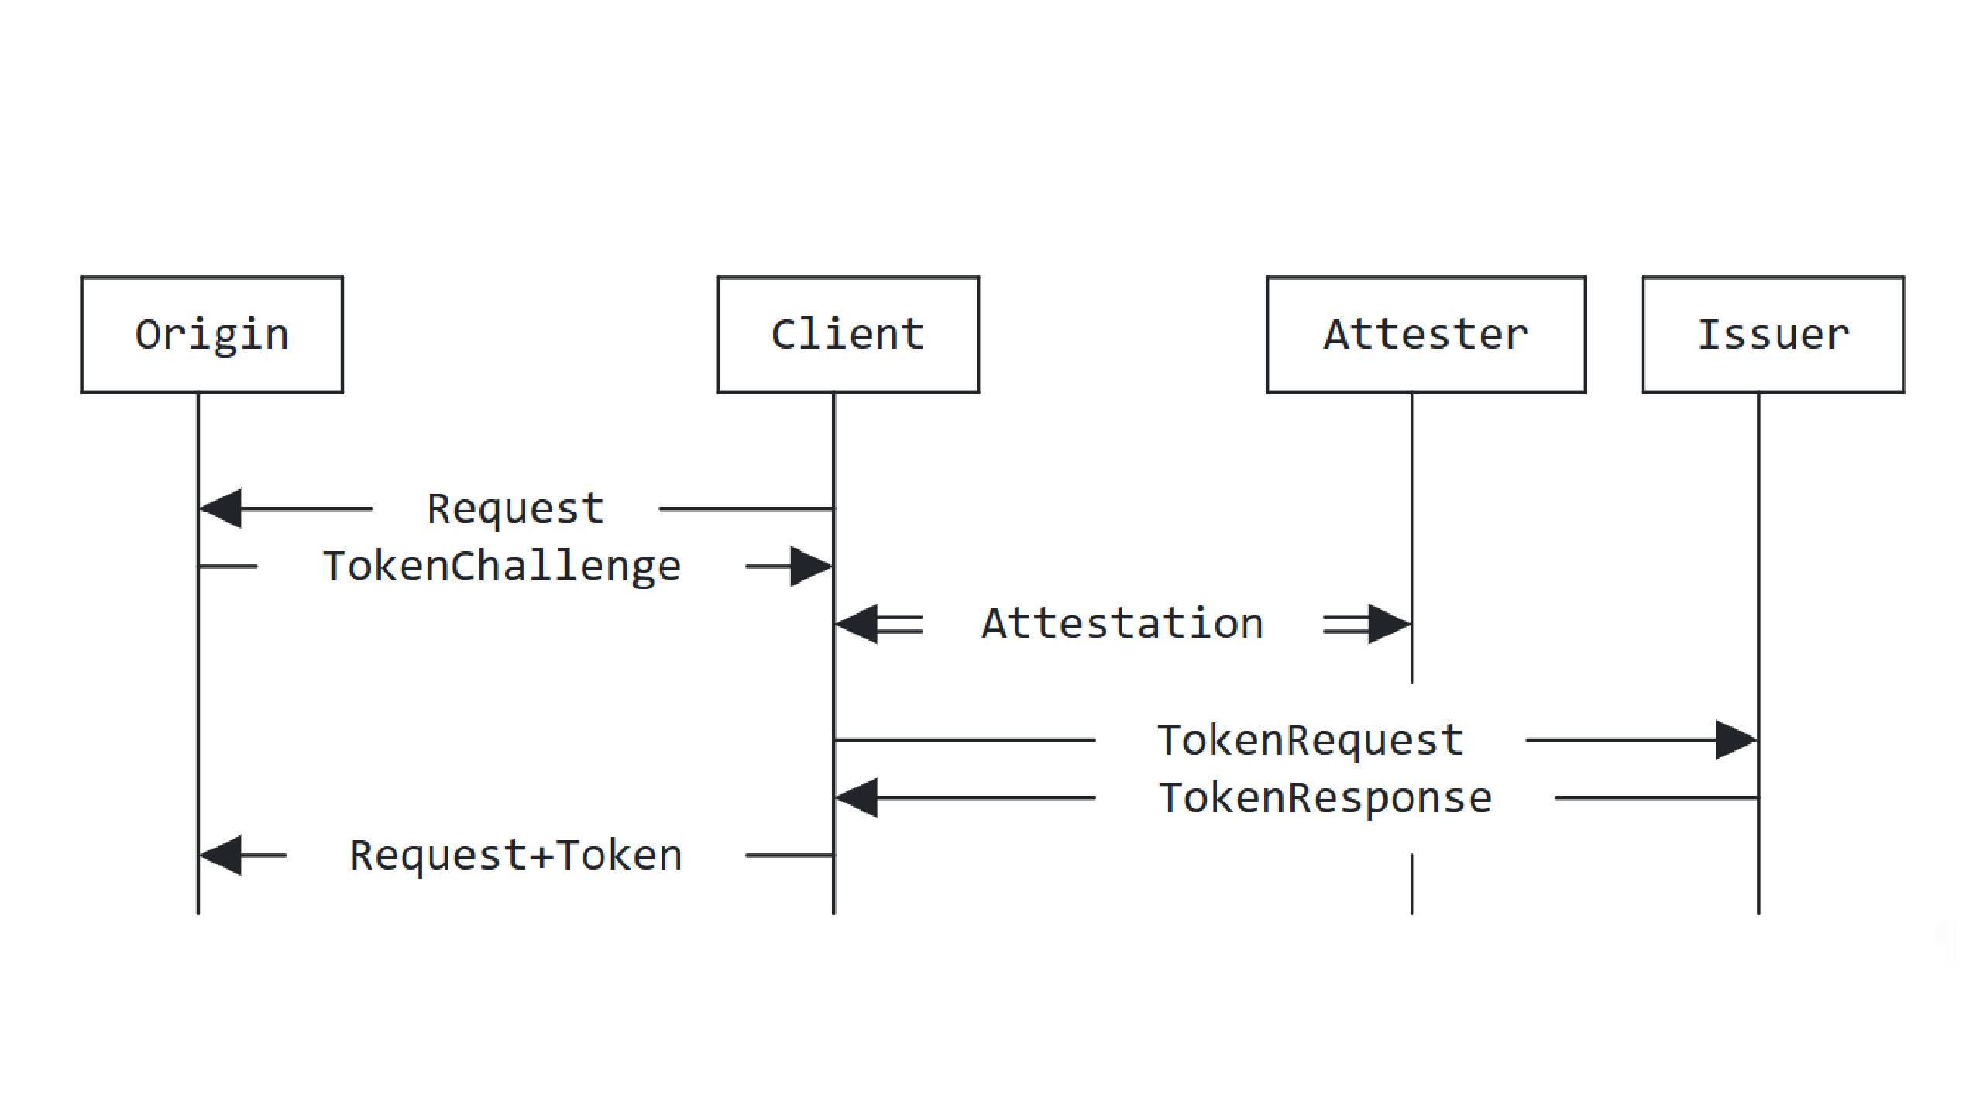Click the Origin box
(211, 335)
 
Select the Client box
(848, 335)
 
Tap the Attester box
(1426, 335)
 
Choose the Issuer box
(1773, 335)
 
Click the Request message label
(516, 509)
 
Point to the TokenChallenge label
(502, 567)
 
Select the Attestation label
(1122, 624)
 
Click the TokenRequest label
(1311, 740)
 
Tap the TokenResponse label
(1325, 798)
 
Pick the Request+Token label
(516, 856)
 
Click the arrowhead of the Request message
(222, 508)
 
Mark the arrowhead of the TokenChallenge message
(810, 567)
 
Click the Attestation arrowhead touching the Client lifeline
(857, 624)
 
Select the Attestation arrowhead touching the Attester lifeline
(1388, 624)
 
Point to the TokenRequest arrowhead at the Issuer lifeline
(1735, 740)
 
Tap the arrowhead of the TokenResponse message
(857, 797)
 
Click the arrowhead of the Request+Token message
(222, 856)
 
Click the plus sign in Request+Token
(541, 856)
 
